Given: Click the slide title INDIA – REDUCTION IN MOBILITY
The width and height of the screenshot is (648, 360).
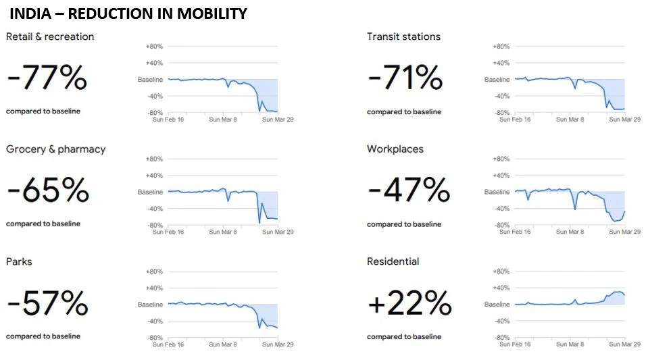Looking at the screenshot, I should coord(128,14).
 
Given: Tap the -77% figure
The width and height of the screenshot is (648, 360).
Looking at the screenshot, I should coord(47,78).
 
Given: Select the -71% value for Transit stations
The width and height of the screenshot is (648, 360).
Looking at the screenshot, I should coord(405,78).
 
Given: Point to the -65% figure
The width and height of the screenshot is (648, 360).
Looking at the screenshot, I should coord(48,191).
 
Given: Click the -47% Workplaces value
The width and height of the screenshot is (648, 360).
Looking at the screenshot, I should coord(409,191).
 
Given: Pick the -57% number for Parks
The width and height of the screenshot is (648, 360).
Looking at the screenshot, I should coord(47,304).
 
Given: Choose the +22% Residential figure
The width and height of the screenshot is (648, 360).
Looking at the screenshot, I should coord(409,304).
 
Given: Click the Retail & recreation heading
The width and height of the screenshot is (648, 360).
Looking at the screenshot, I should coord(50,36).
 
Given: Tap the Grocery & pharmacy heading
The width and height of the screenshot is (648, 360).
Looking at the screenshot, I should coord(56,149).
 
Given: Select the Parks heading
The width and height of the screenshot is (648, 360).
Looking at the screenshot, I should coord(19,261).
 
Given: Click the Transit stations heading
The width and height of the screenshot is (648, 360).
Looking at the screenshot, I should coord(403,36).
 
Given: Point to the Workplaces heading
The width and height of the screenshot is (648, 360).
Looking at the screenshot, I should coord(395,149).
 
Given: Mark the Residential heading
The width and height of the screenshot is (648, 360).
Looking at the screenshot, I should coord(393,261).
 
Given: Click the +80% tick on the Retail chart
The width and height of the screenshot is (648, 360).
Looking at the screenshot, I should coord(154,47).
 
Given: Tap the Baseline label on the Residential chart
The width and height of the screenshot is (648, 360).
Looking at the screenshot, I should coord(497,305).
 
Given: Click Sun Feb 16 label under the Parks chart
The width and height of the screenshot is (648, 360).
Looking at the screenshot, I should coord(168,344).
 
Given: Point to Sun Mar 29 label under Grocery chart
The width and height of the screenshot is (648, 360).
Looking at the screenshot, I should coord(278,232).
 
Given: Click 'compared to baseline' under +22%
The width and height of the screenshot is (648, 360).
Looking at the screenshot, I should coord(404,336).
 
